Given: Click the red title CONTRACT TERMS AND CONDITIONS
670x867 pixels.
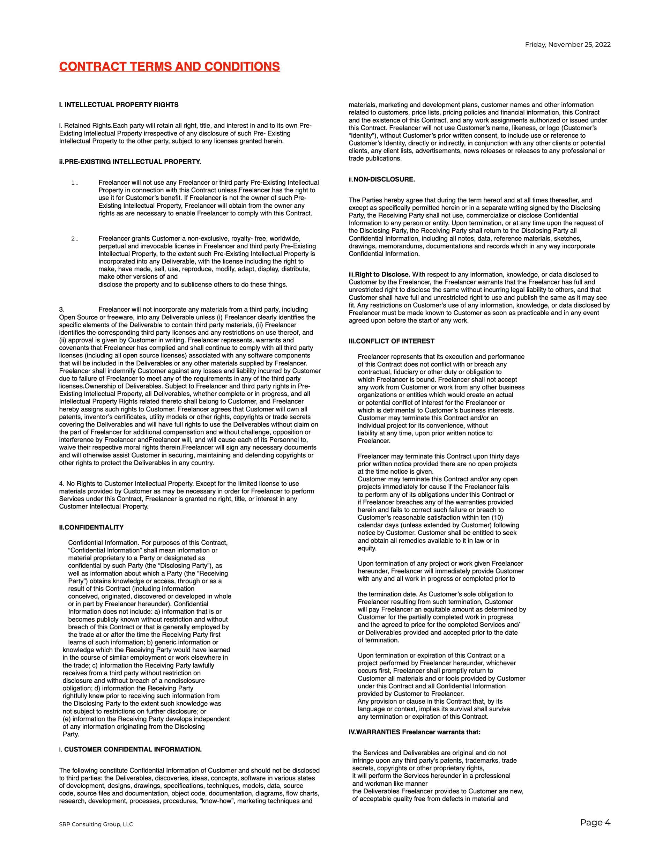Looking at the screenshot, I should click(x=170, y=67).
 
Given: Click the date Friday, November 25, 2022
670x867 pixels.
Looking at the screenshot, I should click(x=568, y=44).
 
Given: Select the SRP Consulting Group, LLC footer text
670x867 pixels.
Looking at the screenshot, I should click(x=96, y=824).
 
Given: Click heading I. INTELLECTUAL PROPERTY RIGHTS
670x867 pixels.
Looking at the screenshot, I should click(x=119, y=105).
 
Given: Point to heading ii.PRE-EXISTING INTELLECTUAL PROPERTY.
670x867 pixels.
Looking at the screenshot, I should click(x=130, y=162).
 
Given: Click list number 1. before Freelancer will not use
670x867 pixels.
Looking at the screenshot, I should click(x=75, y=183).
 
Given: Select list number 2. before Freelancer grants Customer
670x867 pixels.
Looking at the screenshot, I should click(x=75, y=239).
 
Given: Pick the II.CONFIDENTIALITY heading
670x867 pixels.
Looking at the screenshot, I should click(x=91, y=527).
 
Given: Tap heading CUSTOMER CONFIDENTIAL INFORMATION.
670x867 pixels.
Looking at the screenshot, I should click(x=133, y=749).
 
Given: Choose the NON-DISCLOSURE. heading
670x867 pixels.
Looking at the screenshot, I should click(x=384, y=179).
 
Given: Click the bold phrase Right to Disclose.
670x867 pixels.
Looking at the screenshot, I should click(x=382, y=274).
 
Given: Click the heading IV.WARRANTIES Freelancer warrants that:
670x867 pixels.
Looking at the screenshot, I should click(x=414, y=732).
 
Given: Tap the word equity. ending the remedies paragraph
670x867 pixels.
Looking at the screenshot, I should click(x=367, y=548).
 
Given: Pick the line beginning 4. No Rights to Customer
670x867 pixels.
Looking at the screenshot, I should click(x=179, y=483).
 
